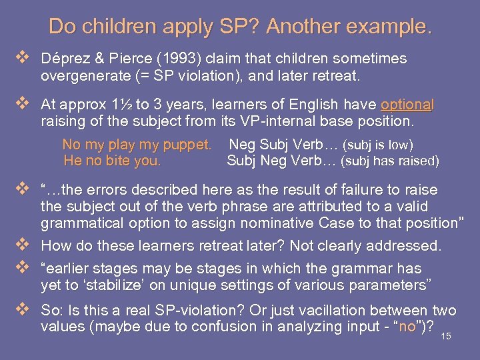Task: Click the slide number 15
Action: point(446,337)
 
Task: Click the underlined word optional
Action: point(407,105)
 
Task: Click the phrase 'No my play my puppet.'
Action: point(137,145)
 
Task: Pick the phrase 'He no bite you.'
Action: point(112,161)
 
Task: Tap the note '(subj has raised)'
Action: point(389,161)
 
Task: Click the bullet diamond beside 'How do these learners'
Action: point(26,245)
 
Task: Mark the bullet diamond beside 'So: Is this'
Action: point(26,310)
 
